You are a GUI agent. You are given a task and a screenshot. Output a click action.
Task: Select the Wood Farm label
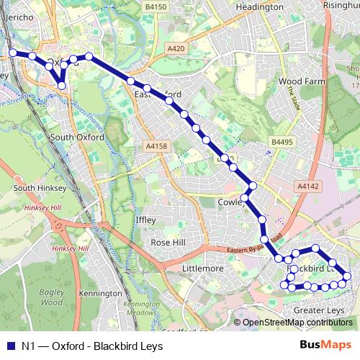297,82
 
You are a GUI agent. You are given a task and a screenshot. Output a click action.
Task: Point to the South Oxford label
77,137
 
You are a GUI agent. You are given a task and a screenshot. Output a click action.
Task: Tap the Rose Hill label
168,243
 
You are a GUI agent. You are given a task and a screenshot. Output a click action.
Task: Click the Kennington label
100,294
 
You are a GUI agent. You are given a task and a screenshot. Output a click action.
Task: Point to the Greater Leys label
319,310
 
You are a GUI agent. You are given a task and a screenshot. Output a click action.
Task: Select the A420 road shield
176,48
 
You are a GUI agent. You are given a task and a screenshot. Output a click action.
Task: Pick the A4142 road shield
307,186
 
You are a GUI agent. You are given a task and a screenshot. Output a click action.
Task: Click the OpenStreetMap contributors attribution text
297,323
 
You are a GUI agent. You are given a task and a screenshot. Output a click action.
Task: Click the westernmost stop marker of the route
13,53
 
